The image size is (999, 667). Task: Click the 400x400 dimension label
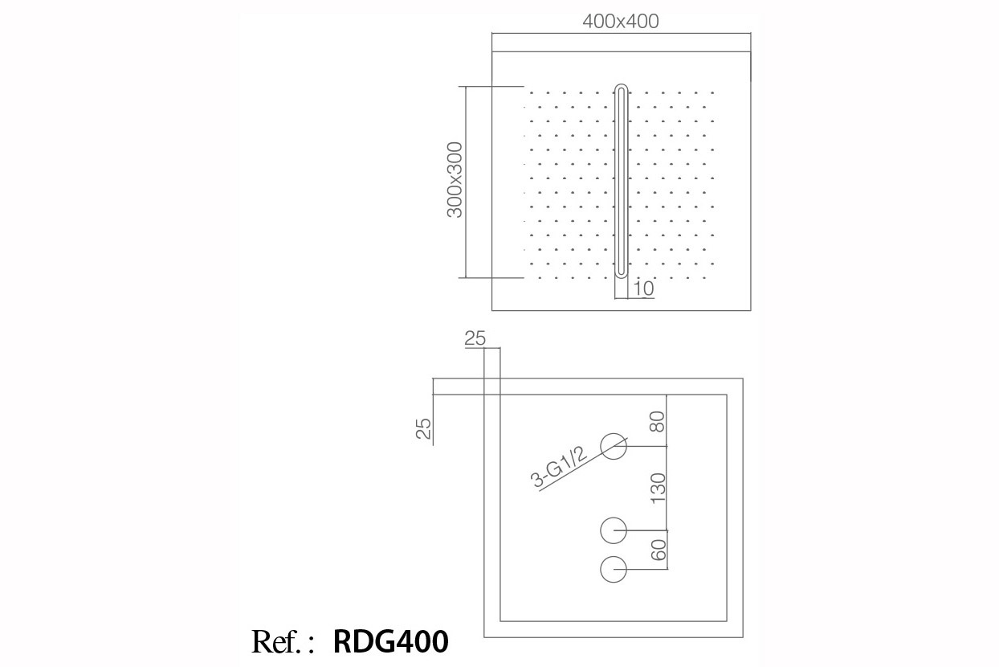coord(621,22)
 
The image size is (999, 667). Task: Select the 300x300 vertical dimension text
coord(455,180)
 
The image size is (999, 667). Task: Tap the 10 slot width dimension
coord(643,288)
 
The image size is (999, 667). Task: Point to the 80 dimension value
coord(658,422)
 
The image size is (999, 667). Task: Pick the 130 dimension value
coord(658,489)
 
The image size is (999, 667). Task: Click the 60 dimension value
coord(659,550)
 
